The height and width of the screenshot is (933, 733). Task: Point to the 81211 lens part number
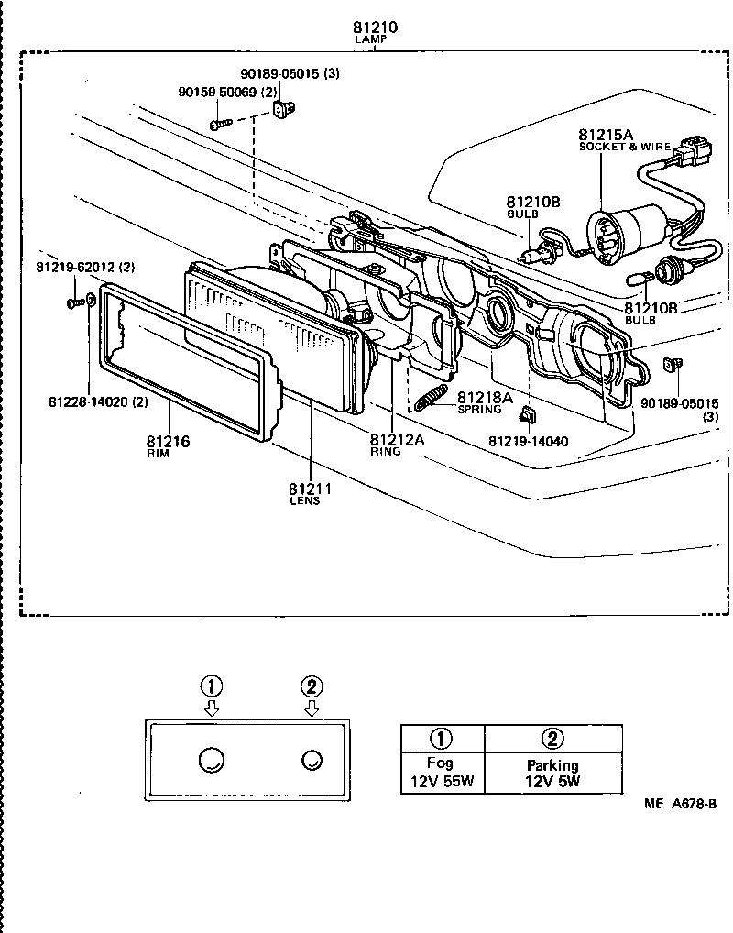[310, 488]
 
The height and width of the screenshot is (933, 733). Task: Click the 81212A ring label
[398, 439]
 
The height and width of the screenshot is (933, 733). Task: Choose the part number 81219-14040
[528, 441]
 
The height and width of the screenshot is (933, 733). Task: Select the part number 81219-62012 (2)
[85, 267]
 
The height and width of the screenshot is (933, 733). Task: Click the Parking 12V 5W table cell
[552, 773]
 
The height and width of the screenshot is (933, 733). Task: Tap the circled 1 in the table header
[442, 738]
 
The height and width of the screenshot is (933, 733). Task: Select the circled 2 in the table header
[552, 738]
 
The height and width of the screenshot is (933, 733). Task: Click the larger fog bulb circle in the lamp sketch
[212, 759]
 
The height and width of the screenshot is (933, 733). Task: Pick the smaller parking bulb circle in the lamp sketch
[312, 759]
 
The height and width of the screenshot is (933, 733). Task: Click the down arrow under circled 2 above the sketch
[312, 708]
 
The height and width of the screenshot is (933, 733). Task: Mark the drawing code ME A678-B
[679, 804]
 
